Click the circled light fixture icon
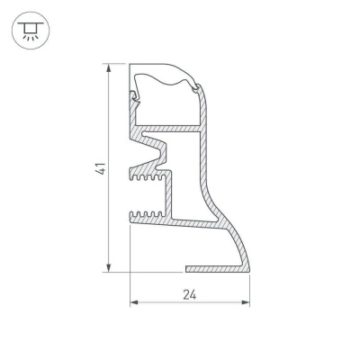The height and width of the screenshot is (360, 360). [x=31, y=31]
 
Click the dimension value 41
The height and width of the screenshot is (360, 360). [x=101, y=168]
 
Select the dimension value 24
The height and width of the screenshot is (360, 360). [x=190, y=295]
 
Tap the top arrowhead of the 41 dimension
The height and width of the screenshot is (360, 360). [x=109, y=67]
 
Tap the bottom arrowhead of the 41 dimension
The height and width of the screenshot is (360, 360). [x=109, y=268]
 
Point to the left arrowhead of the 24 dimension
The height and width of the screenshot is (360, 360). [x=134, y=302]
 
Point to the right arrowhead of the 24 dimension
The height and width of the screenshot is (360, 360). [x=246, y=302]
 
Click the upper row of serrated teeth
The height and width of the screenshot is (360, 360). [x=147, y=177]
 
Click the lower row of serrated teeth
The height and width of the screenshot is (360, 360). [x=147, y=214]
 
